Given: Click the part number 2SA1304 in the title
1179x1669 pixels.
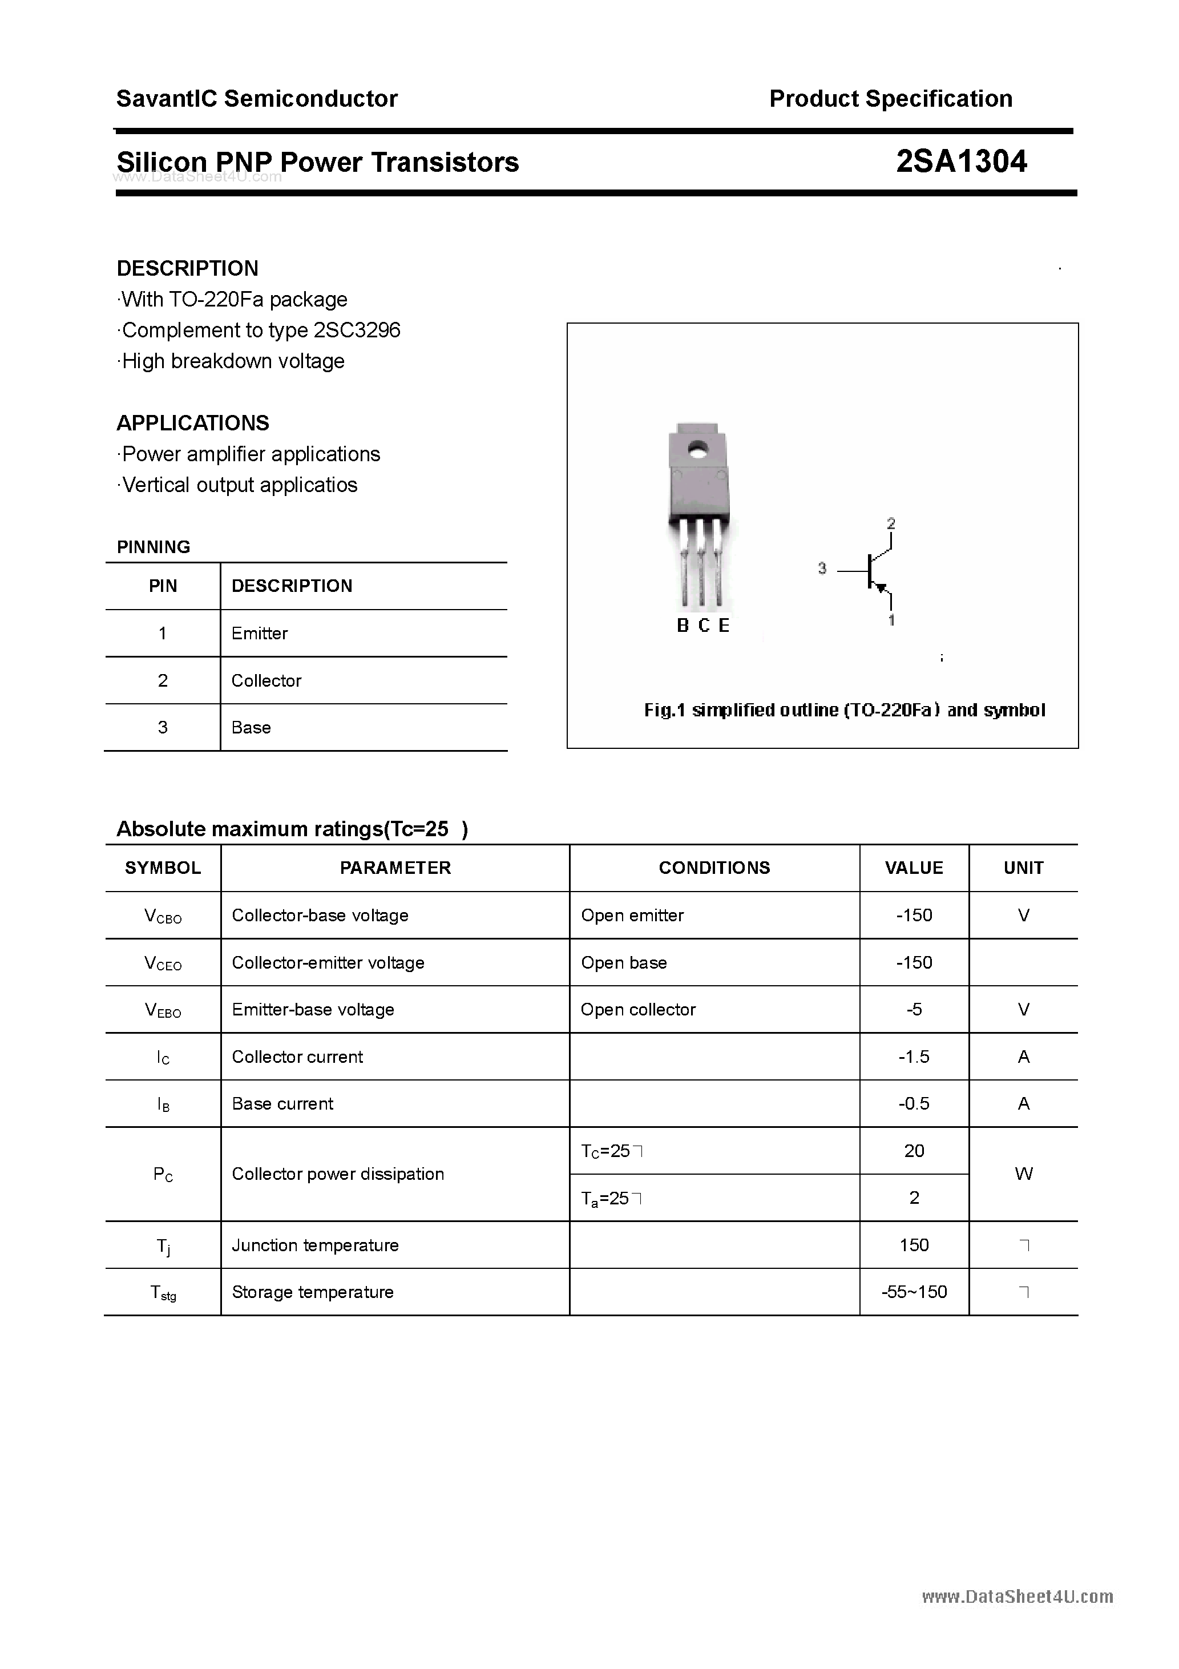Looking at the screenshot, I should [961, 162].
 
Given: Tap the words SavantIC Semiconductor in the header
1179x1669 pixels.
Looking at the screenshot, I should [257, 98].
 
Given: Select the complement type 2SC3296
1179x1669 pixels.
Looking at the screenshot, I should [356, 330].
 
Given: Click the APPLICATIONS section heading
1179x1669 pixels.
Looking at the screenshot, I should [193, 422].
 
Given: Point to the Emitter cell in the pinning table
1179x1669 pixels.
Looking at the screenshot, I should [260, 633].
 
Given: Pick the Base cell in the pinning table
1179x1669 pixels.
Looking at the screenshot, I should [251, 727].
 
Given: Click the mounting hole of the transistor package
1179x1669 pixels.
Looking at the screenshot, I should [698, 449].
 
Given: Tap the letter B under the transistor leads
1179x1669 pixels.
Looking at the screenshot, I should [683, 626].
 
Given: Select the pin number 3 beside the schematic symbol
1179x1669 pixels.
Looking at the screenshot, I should [822, 568].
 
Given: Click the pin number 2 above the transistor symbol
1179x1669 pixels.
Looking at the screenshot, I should [891, 523].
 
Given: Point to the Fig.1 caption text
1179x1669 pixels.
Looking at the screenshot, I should [844, 709].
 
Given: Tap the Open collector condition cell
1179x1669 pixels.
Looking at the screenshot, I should [637, 1009].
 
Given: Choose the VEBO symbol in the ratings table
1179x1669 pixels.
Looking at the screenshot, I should [163, 1010].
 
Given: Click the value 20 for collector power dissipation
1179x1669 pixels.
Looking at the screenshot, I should [914, 1150].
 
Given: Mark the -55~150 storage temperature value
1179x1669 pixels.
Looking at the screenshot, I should [914, 1292].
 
